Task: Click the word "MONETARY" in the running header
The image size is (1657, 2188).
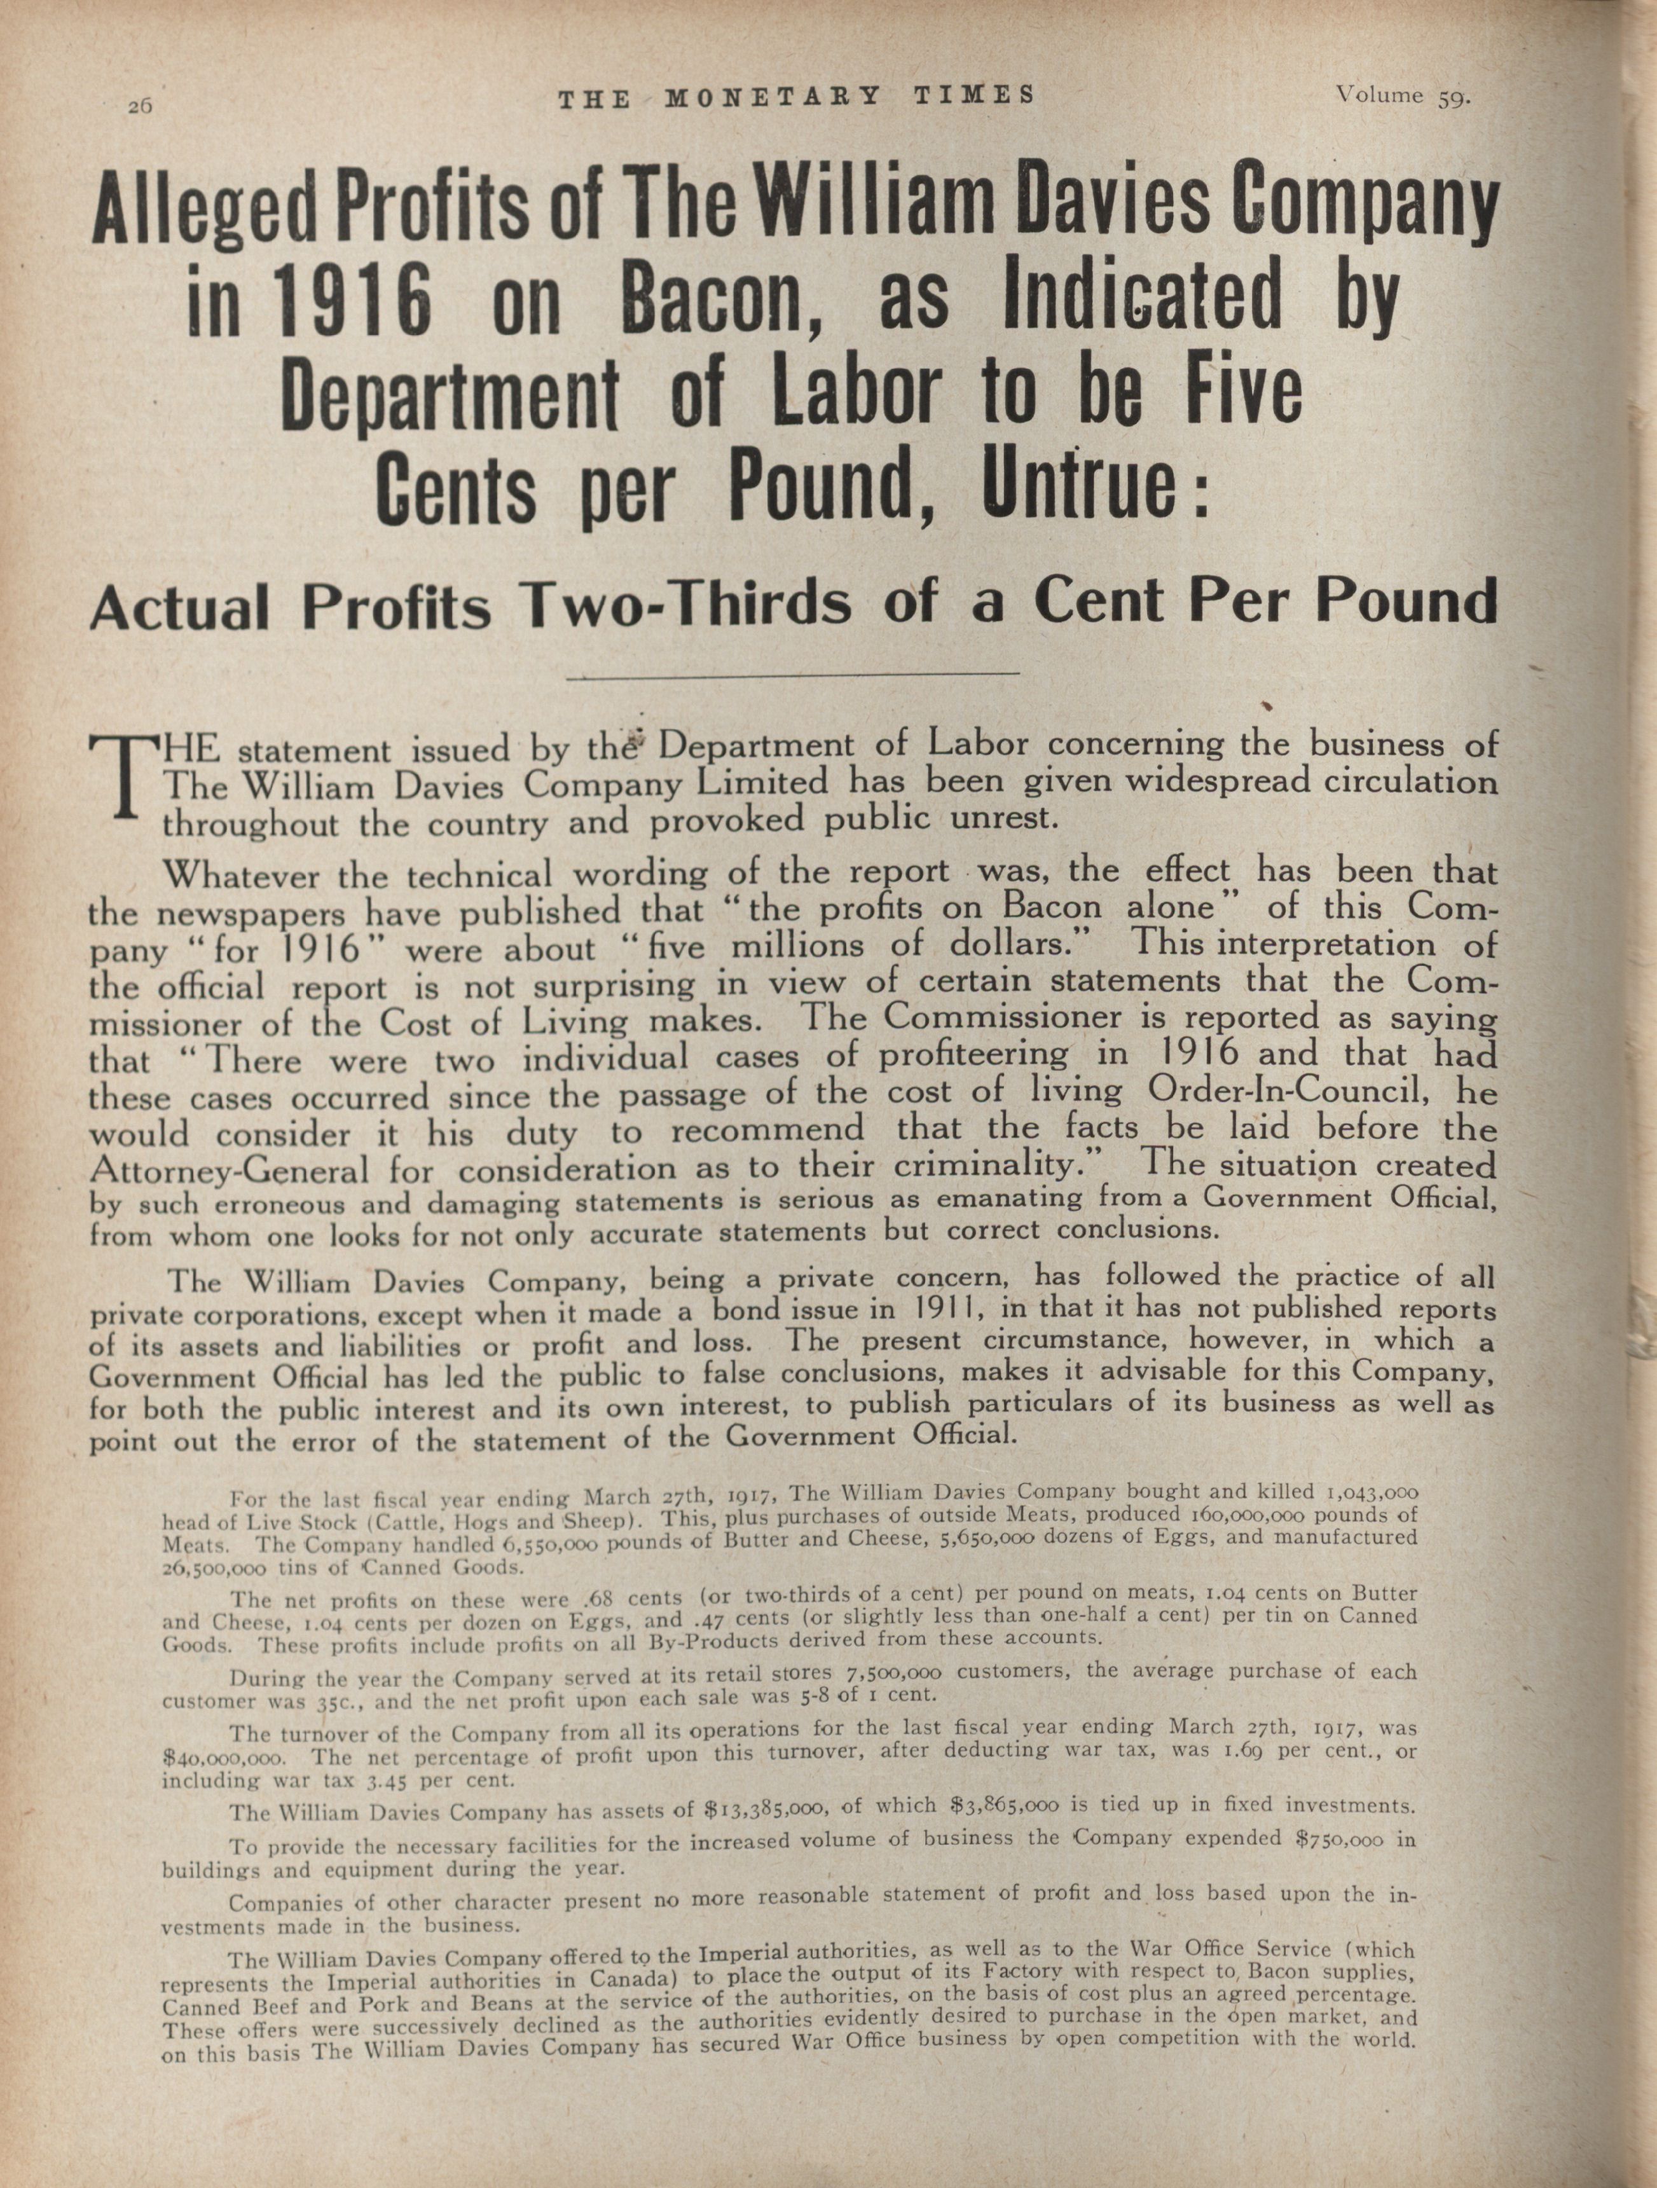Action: point(772,96)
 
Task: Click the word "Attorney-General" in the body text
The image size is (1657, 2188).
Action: point(228,1170)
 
